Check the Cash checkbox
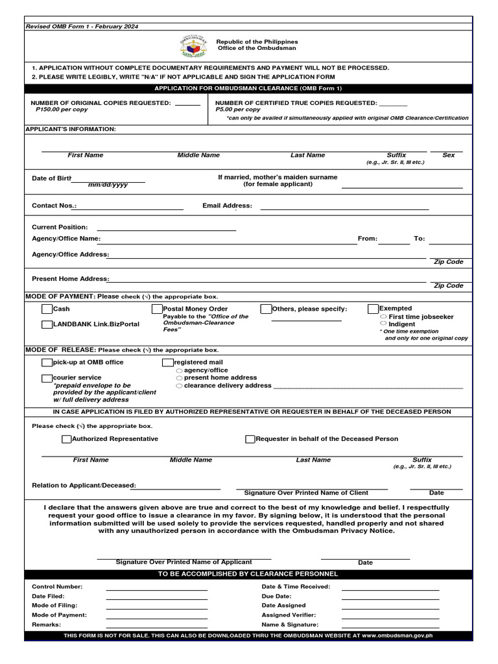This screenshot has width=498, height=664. pos(47,309)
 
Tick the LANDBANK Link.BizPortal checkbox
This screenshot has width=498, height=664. pos(47,324)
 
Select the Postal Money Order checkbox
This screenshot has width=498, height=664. pos(157,309)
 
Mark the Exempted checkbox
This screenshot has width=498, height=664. pos(373,309)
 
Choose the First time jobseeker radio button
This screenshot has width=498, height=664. pos(383,316)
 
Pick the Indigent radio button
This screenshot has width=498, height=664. pos(383,324)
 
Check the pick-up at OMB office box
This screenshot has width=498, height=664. pos(47,362)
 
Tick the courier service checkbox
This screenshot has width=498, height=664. pos(47,378)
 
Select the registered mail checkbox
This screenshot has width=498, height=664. pos(168,362)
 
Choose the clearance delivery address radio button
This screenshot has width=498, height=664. pos(179,386)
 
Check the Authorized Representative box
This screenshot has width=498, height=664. pos(66,439)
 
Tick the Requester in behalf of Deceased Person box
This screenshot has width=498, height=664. pos(250,439)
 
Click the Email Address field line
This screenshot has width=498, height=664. pos(344,209)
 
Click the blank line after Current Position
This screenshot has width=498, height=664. pos(166,229)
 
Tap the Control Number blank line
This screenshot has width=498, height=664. pos(156,589)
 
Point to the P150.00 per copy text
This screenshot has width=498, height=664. pos(58,110)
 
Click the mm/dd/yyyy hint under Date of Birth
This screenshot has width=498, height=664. pos(108,185)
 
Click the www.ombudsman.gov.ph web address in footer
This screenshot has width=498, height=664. pos(397,636)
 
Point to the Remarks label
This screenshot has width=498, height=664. pos(46,624)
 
